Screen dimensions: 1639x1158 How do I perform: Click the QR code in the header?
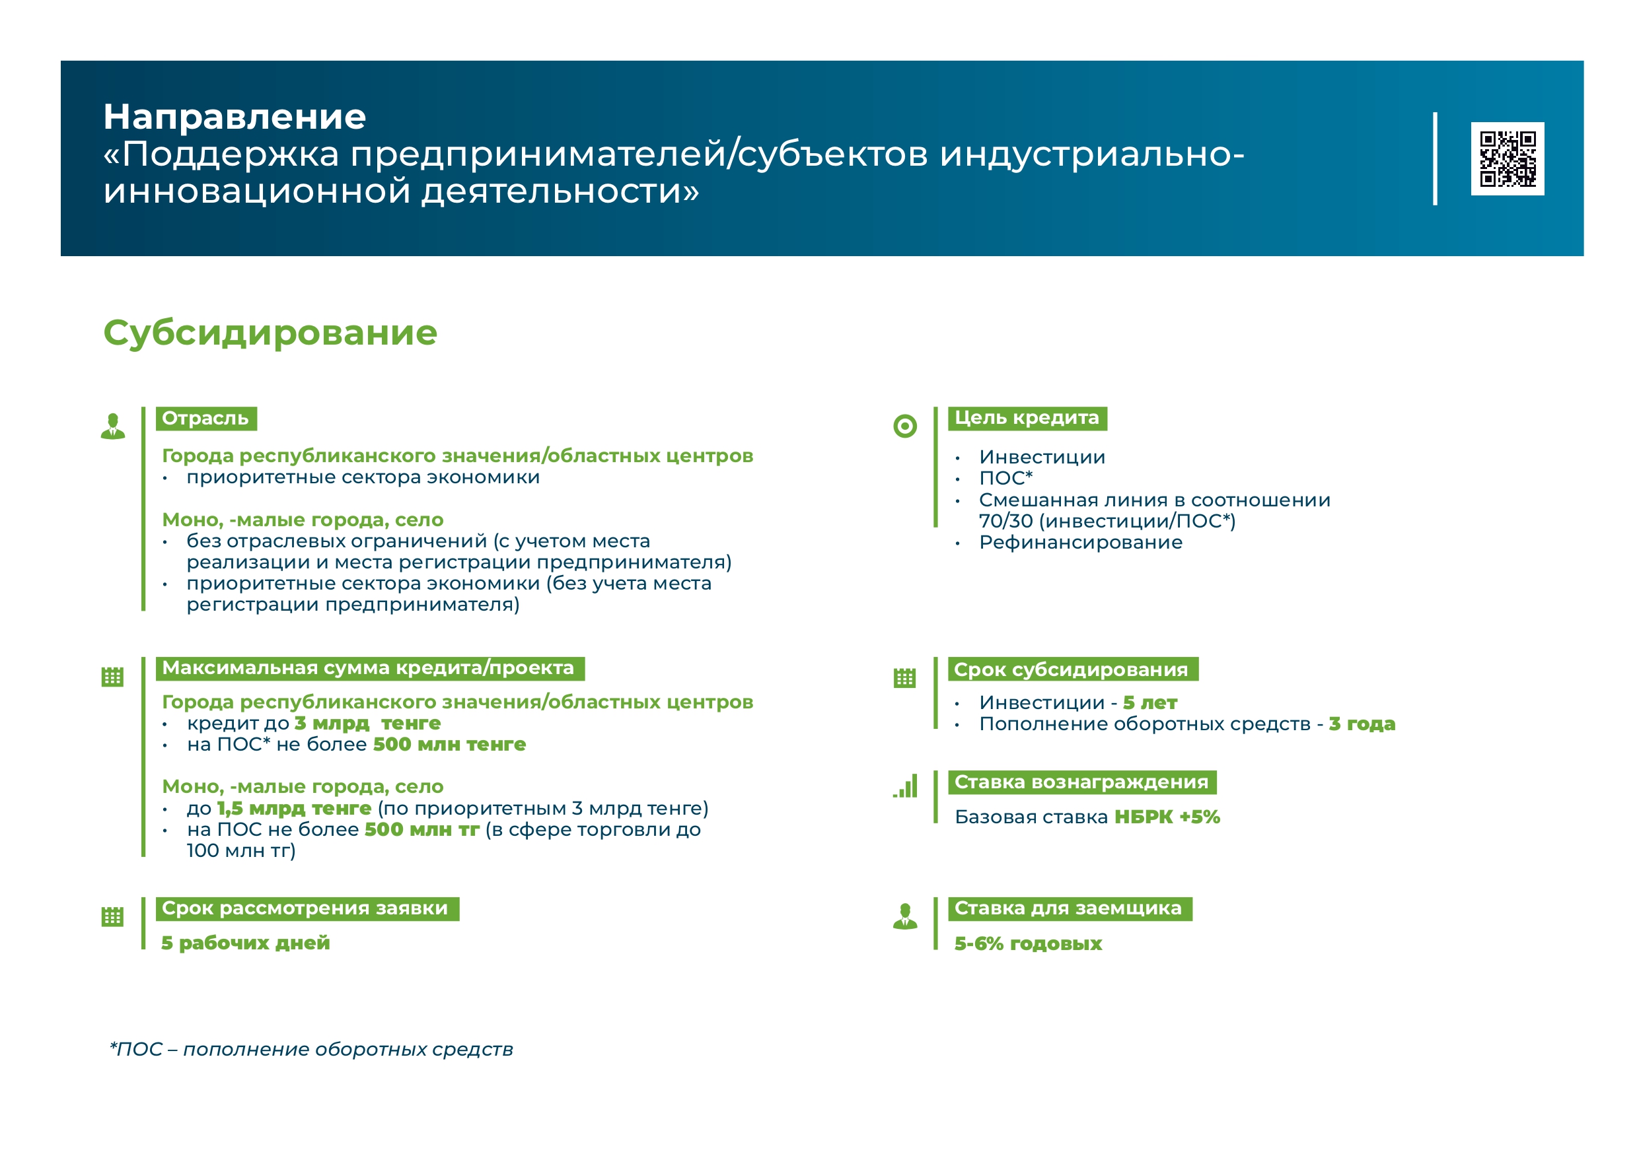[1507, 158]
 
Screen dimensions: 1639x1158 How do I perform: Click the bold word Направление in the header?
[235, 117]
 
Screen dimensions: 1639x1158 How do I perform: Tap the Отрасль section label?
[205, 418]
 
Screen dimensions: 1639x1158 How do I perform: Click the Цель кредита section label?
[1027, 418]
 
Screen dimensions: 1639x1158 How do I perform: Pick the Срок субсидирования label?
[1072, 669]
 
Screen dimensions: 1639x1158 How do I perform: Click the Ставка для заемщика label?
[1070, 908]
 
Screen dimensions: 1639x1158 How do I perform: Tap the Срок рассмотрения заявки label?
[307, 908]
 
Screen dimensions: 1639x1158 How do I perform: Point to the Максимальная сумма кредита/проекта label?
[370, 669]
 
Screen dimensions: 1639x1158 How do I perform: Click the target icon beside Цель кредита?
[905, 426]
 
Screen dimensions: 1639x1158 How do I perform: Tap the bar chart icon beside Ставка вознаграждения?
[905, 786]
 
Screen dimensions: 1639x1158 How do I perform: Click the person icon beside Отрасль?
[113, 426]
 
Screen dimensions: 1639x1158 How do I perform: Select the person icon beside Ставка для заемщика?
[905, 916]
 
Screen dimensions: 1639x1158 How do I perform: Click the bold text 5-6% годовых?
[1028, 944]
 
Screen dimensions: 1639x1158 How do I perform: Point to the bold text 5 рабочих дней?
[246, 943]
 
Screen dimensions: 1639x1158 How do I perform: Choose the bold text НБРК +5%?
[1167, 817]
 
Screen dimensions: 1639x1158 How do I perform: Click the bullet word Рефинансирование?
[1081, 542]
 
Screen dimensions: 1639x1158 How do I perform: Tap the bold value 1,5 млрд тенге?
[294, 808]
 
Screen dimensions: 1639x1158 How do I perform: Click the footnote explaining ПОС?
[311, 1050]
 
